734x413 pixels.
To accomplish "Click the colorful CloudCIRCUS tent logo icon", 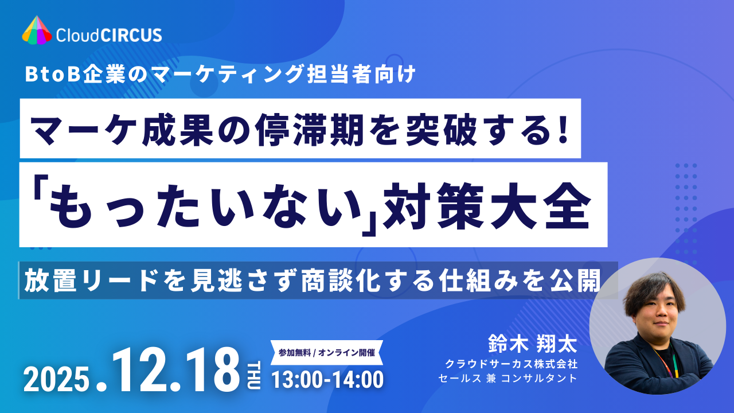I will pyautogui.click(x=37, y=30).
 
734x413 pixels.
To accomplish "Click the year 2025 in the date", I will pyautogui.click(x=57, y=379).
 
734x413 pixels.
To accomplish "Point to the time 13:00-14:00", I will pyautogui.click(x=327, y=379).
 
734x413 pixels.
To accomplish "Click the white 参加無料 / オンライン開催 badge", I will pyautogui.click(x=326, y=352).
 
